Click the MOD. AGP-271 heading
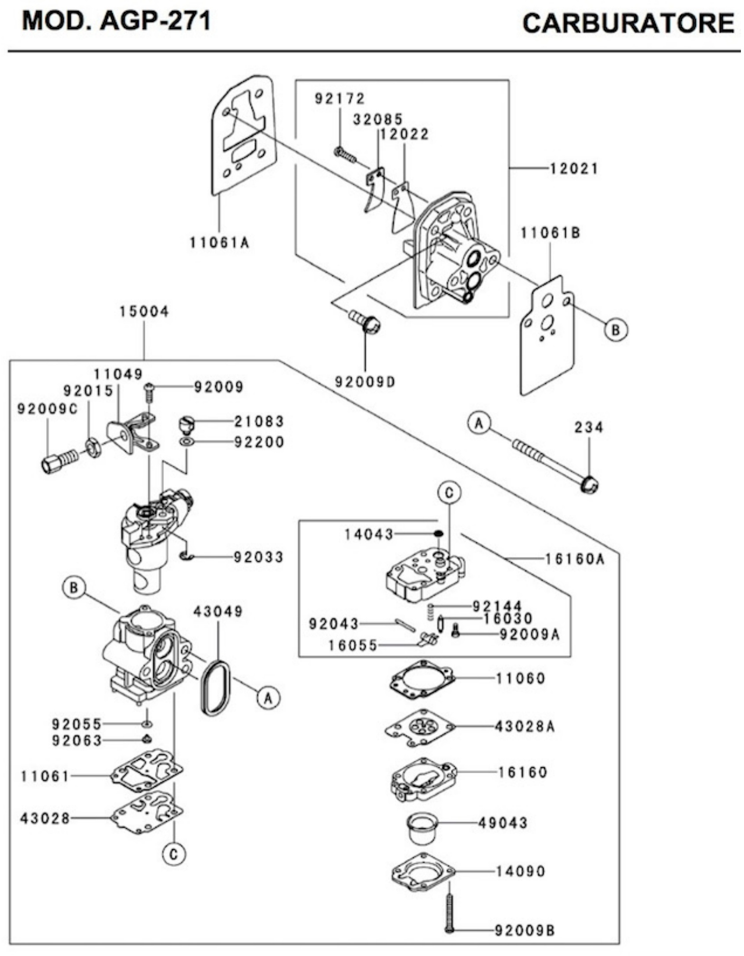point(116,21)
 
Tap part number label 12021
point(574,169)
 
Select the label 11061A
point(219,242)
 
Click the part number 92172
point(340,99)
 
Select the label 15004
point(144,312)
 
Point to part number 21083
point(259,422)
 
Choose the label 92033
point(259,557)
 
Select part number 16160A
point(575,559)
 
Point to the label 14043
point(368,534)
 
